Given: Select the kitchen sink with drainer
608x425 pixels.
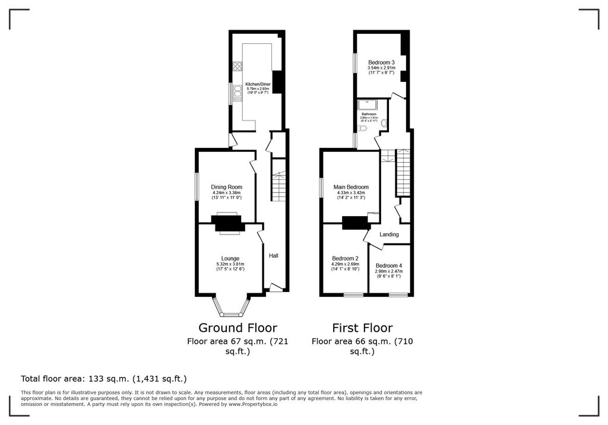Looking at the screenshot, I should point(237,93).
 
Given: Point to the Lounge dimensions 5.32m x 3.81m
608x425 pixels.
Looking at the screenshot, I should point(230,264).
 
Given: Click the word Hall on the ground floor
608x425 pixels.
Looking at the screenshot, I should point(274,256).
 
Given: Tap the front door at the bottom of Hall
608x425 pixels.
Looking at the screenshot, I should point(275,288).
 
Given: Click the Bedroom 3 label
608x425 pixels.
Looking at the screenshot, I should point(381,62).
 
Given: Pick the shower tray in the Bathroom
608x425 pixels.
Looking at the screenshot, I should point(365,105).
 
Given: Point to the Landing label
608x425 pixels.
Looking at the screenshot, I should point(389,234).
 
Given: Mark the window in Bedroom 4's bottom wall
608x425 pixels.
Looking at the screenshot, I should point(398,294).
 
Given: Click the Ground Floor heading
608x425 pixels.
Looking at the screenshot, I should point(237,328).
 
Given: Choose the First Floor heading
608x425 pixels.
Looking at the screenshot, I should point(362,328).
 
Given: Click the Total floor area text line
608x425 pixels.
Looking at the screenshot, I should point(104,378).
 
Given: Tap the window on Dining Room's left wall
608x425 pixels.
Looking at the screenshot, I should point(198,186).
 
